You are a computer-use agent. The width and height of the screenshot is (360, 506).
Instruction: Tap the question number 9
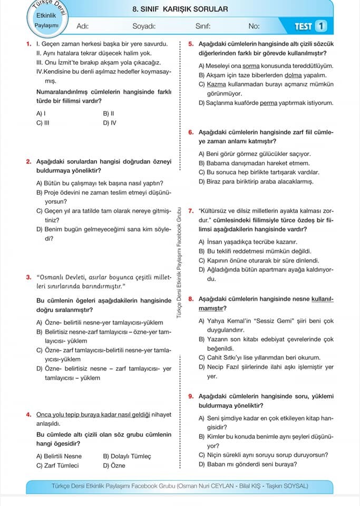tap(191, 396)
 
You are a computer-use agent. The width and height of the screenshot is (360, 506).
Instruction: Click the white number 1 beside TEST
tap(322, 25)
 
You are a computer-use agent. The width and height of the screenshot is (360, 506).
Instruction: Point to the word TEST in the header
tap(304, 25)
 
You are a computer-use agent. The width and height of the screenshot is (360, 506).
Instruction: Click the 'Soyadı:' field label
tap(143, 26)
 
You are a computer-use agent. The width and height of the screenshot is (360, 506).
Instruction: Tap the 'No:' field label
tap(254, 26)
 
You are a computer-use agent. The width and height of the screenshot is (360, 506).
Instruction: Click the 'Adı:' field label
tap(83, 26)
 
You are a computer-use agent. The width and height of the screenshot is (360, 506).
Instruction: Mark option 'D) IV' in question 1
tap(110, 123)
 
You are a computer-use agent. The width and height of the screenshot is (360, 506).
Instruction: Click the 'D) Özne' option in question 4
tap(114, 465)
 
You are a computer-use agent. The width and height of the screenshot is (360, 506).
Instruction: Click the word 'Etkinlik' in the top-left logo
tap(45, 15)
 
